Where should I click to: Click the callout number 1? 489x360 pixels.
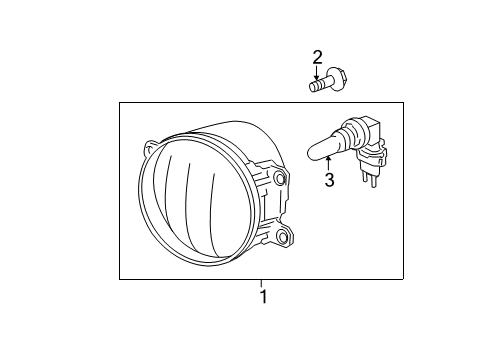pyautogui.click(x=263, y=296)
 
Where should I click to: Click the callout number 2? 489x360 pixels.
pyautogui.click(x=318, y=56)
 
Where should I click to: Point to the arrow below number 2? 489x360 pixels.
pyautogui.click(x=318, y=71)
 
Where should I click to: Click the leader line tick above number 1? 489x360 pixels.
pyautogui.click(x=263, y=283)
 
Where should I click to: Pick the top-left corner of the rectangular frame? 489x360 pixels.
pyautogui.click(x=119, y=102)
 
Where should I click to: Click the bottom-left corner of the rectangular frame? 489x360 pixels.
pyautogui.click(x=119, y=278)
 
